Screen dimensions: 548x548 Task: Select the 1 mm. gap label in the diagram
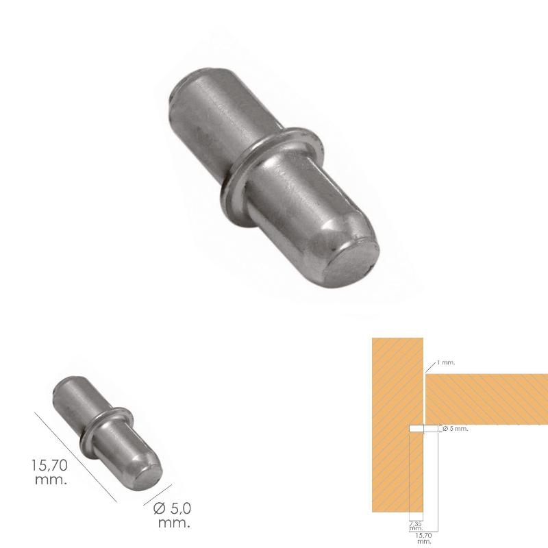tap(445, 362)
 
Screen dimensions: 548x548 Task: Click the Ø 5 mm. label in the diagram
tap(455, 429)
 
